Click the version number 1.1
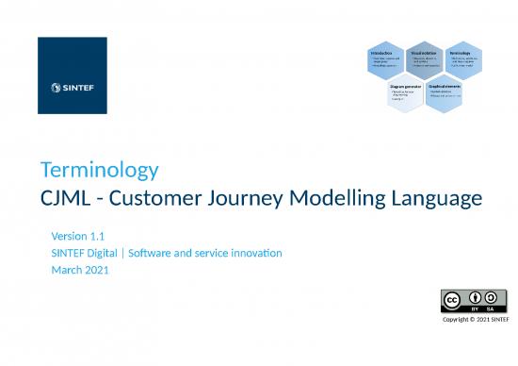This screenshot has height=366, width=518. coord(99,235)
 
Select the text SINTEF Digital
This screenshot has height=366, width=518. coord(89,253)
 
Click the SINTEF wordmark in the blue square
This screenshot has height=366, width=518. coord(76,90)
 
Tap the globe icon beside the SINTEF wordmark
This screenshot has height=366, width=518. coord(55,90)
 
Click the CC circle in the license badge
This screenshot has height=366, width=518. coord(453,301)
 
